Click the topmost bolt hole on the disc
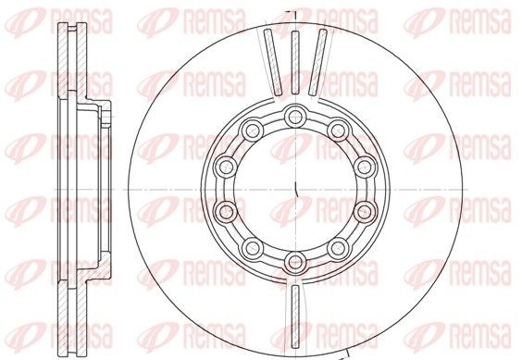click(x=294, y=116)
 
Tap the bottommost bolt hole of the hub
click(x=294, y=258)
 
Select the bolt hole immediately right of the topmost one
click(x=338, y=129)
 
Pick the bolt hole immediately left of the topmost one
click(x=252, y=129)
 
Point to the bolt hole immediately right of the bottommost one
click(x=338, y=245)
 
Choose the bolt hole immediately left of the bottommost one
click(x=252, y=245)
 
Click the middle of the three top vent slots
click(x=294, y=61)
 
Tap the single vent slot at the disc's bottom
click(x=294, y=311)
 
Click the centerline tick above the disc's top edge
click(x=294, y=12)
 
